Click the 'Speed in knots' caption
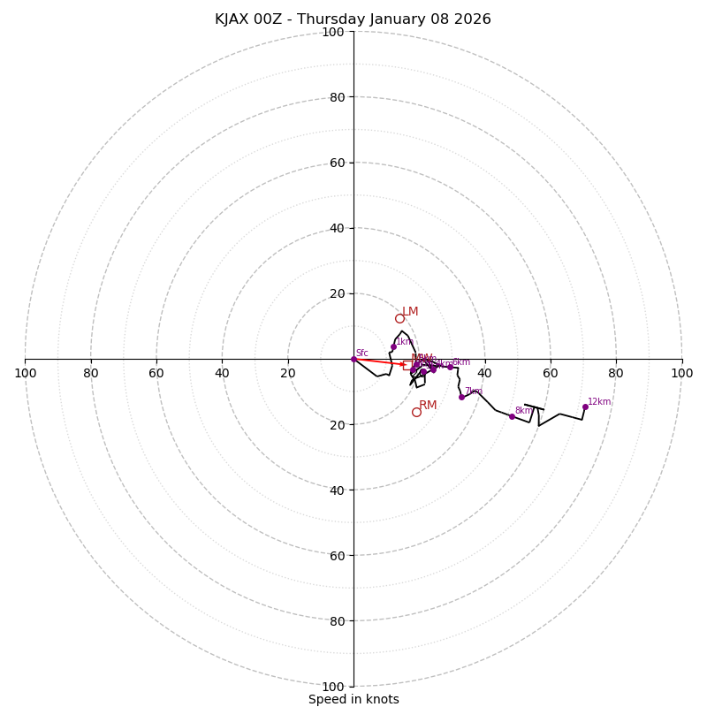coord(353,699)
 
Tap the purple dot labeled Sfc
coord(353,359)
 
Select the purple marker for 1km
coord(393,346)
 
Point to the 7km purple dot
coord(461,397)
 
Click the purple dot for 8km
coord(512,416)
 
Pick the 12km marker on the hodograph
coord(585,407)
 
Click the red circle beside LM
coord(399,318)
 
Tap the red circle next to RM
coord(416,412)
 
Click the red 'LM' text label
coord(410,311)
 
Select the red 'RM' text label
coord(428,405)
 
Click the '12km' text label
coord(599,401)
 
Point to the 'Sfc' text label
coord(362,353)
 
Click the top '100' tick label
coord(333,32)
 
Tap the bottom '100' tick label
coord(333,686)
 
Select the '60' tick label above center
coord(337,163)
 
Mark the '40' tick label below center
coord(337,490)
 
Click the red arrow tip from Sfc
coord(407,364)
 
